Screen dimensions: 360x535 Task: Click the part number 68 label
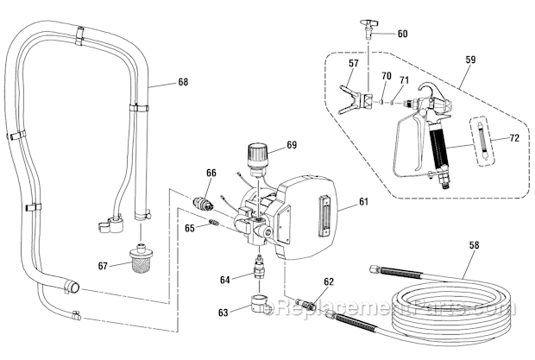pyautogui.click(x=182, y=83)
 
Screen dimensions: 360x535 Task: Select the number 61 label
pyautogui.click(x=362, y=202)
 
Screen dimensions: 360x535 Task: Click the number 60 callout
pyautogui.click(x=402, y=35)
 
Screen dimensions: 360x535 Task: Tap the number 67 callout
pyautogui.click(x=102, y=266)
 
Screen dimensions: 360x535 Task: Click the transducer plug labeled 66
pyautogui.click(x=204, y=202)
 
